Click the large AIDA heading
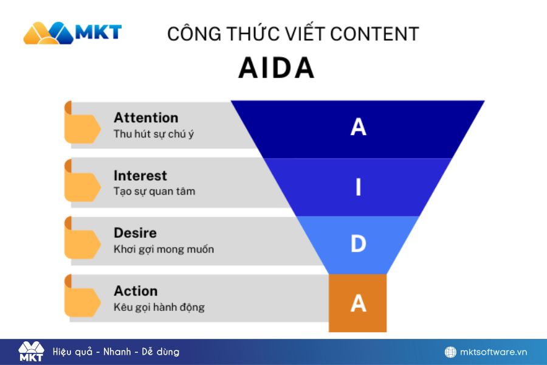click(x=277, y=68)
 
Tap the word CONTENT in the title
click(x=374, y=34)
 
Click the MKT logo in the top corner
click(x=72, y=33)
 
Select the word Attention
click(x=146, y=117)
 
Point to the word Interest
click(x=140, y=175)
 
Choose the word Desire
click(x=135, y=233)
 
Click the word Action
click(x=136, y=291)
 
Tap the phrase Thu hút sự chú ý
click(x=154, y=134)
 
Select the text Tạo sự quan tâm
click(x=154, y=192)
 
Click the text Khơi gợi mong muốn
click(x=163, y=249)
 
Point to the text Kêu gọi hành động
click(x=159, y=307)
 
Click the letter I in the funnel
click(x=358, y=187)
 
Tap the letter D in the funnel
click(x=358, y=243)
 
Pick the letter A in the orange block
click(x=358, y=303)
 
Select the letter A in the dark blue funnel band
click(x=358, y=127)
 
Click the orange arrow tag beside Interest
click(x=82, y=181)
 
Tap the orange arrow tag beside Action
click(x=82, y=296)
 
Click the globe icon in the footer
click(x=450, y=352)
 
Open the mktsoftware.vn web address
click(x=494, y=352)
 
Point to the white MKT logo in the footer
click(x=31, y=352)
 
